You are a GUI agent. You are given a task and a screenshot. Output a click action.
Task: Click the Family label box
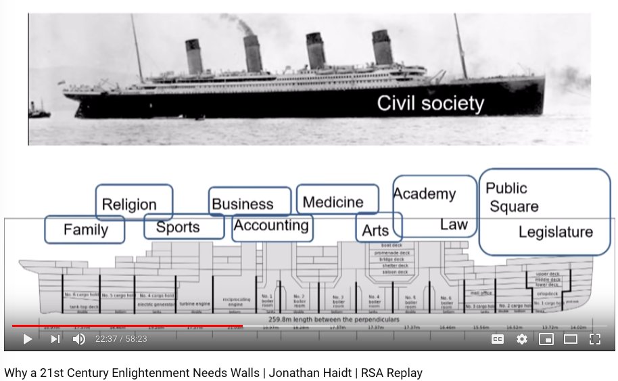point(85,229)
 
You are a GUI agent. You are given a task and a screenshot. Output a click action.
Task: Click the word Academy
point(425,195)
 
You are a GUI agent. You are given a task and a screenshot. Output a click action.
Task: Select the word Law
point(454,225)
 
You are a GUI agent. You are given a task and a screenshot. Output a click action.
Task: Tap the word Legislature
point(555,232)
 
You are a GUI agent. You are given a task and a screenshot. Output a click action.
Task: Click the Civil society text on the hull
point(430,104)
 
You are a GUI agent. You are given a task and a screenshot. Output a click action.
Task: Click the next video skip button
point(55,339)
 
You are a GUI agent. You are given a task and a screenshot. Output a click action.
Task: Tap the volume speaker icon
point(79,339)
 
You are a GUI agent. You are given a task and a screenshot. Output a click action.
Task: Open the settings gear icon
point(521,339)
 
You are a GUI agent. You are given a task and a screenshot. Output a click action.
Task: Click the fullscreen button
point(595,339)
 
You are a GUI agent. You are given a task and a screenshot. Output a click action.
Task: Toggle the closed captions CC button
point(497,339)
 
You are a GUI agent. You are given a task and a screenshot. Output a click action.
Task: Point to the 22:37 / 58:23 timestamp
point(121,339)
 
